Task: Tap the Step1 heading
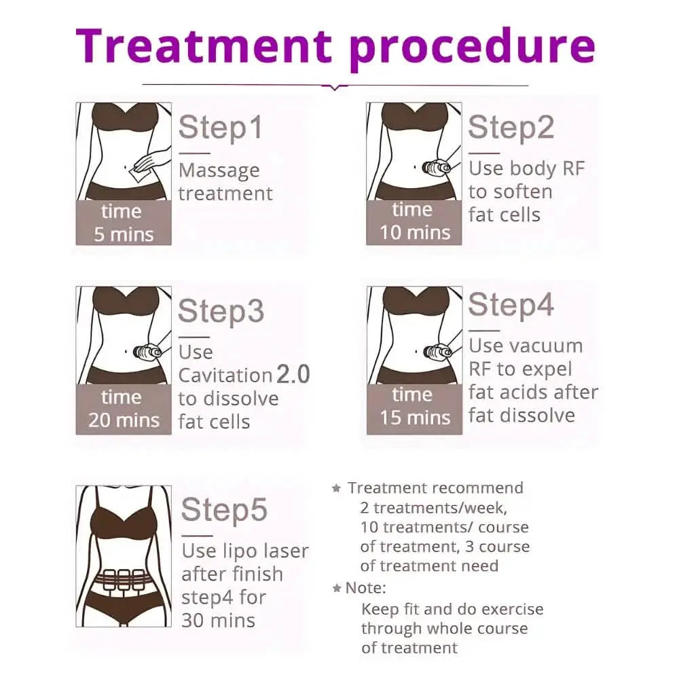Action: [x=221, y=128]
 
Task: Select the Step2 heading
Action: [x=511, y=128]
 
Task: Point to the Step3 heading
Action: [x=221, y=312]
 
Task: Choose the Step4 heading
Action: [x=511, y=305]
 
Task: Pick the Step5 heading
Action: [x=224, y=510]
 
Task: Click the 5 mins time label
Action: [x=124, y=235]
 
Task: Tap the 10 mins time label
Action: [x=416, y=233]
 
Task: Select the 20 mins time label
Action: [x=124, y=420]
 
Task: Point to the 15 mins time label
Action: [x=416, y=418]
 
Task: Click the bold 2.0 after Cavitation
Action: [x=293, y=374]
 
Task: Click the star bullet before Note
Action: [x=337, y=588]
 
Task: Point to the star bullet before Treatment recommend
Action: [x=337, y=488]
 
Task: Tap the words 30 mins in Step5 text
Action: [x=218, y=621]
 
